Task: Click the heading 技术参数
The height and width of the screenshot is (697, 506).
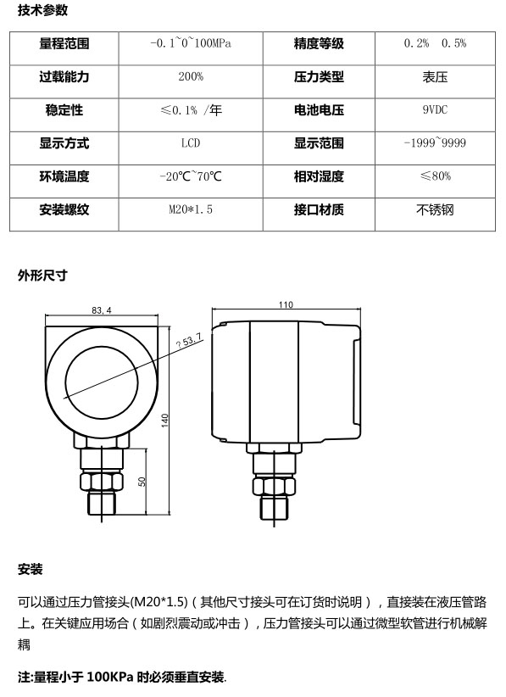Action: tap(42, 10)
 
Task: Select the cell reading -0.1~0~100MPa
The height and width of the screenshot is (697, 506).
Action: tap(191, 43)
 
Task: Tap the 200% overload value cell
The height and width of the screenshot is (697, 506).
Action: tap(191, 76)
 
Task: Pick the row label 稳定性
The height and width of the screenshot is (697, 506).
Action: tap(64, 109)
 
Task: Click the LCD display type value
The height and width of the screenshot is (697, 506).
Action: tap(191, 143)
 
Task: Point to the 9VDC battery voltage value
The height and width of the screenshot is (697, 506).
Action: tap(435, 109)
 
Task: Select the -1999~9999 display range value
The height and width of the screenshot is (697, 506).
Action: tap(435, 143)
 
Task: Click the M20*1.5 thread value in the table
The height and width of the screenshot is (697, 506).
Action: tap(191, 209)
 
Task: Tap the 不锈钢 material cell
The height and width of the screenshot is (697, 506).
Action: tap(435, 209)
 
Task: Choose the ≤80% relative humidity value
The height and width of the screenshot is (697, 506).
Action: tap(436, 176)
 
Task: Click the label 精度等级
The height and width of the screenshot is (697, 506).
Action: tap(319, 43)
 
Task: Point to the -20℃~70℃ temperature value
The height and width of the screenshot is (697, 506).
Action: tap(191, 176)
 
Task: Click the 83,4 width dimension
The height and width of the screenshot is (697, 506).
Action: tap(102, 310)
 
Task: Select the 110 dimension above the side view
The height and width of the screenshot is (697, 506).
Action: tap(286, 304)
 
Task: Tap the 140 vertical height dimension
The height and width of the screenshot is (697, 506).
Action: tap(164, 420)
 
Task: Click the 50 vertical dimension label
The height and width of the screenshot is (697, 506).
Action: tap(142, 482)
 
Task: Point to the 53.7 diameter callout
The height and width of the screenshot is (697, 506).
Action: tap(189, 341)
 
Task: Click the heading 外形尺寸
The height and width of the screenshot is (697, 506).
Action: tap(42, 276)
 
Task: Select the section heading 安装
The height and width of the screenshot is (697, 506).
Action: tap(31, 569)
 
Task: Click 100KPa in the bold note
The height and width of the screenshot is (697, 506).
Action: tap(110, 677)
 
